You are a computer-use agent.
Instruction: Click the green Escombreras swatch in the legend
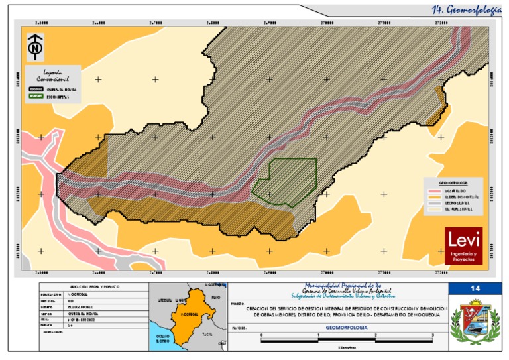(x=36, y=96)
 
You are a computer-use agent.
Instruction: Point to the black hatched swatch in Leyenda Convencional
(x=36, y=88)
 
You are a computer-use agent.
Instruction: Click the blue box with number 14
(x=475, y=289)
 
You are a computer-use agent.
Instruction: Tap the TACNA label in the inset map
(x=207, y=333)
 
